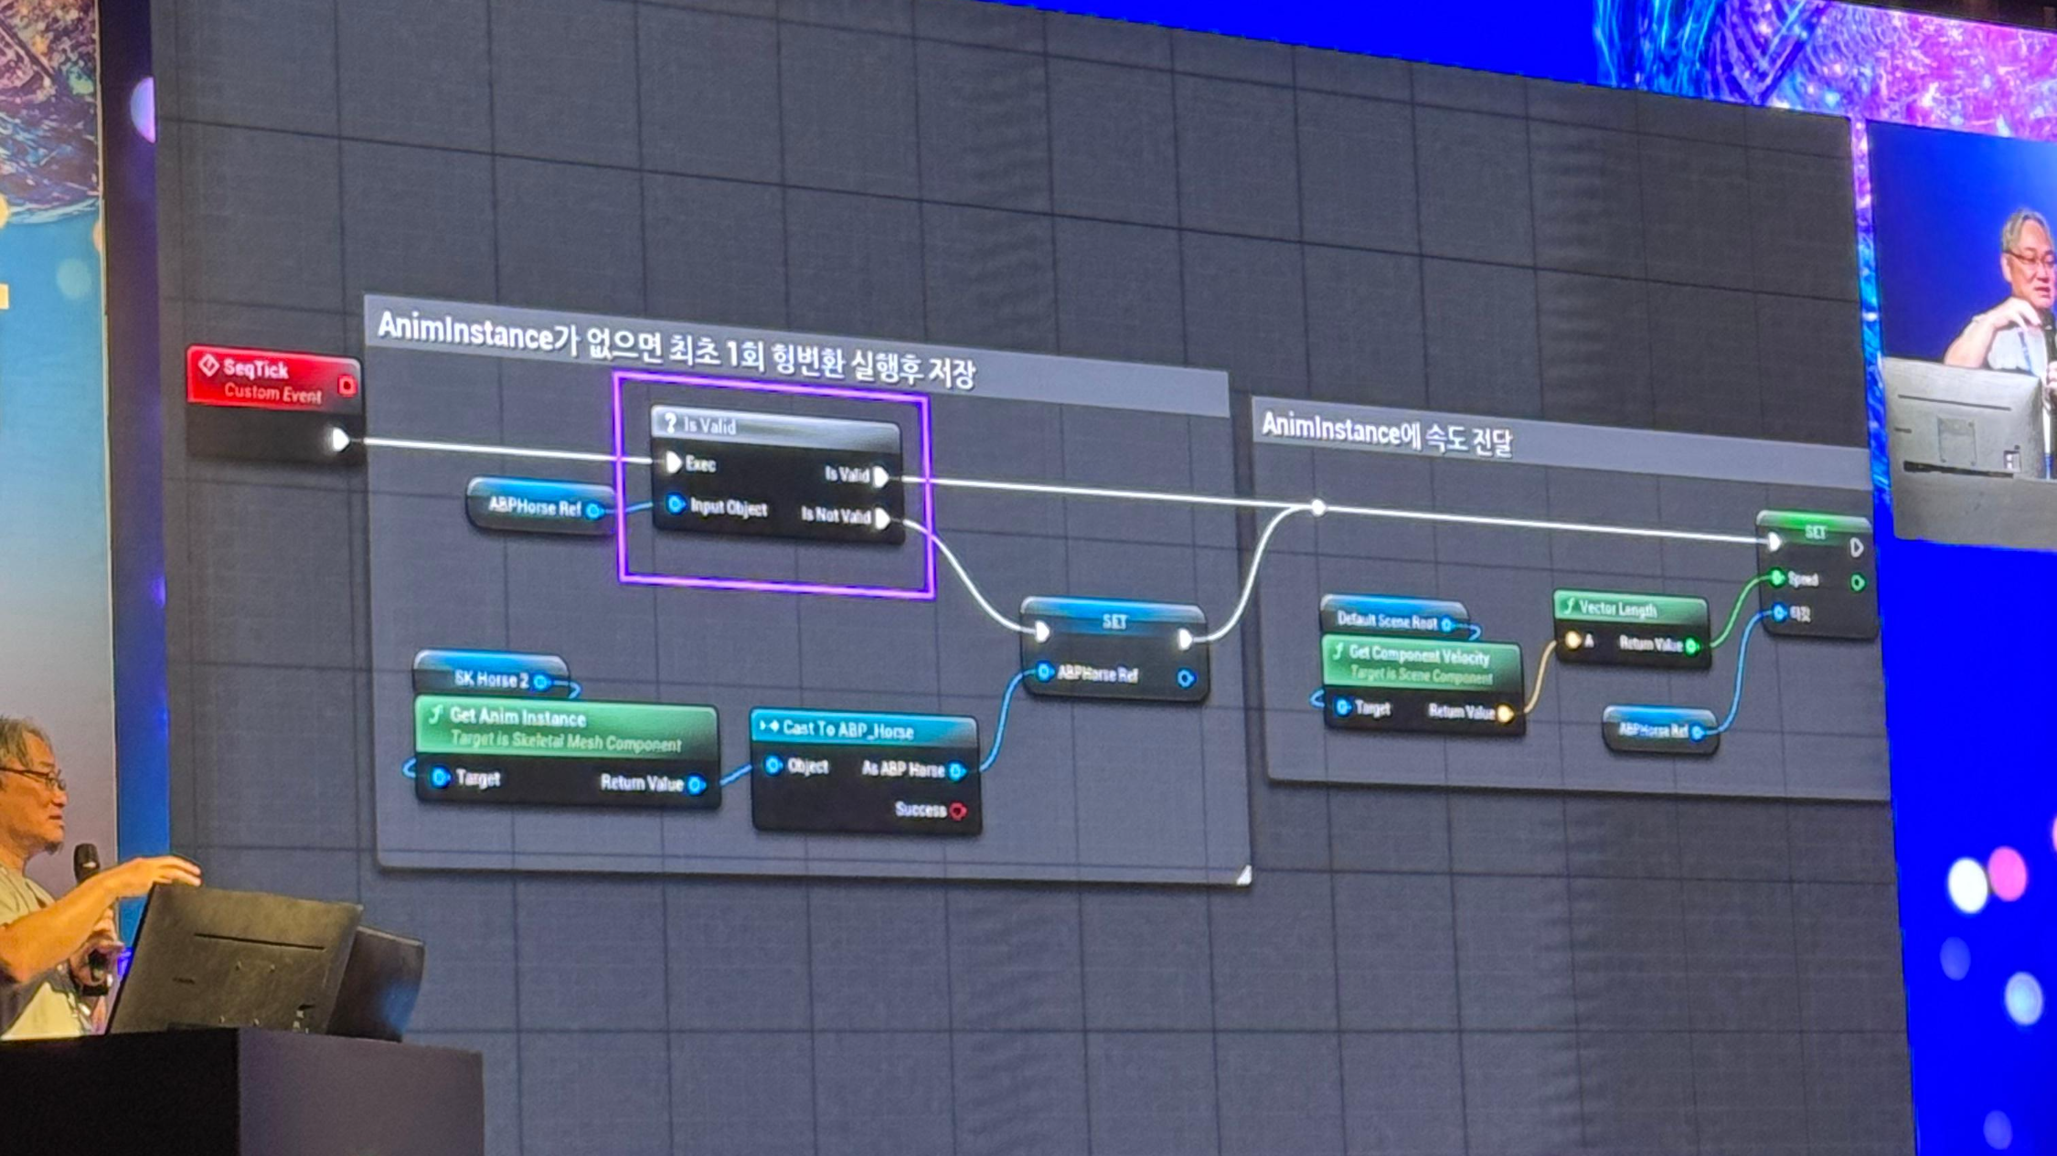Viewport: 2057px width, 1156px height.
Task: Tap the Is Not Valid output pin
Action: click(x=882, y=519)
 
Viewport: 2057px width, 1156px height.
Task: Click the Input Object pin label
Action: click(x=728, y=508)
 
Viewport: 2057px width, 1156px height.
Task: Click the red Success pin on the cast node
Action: click(x=957, y=811)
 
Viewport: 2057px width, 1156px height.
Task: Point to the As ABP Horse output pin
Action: click(x=957, y=770)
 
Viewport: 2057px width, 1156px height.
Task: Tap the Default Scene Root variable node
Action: click(x=1390, y=621)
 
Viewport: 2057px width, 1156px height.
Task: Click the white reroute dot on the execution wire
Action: click(x=1317, y=507)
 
